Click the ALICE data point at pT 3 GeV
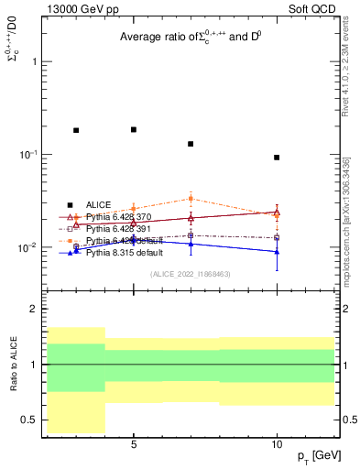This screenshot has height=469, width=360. tap(76, 130)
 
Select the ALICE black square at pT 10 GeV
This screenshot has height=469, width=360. tap(277, 158)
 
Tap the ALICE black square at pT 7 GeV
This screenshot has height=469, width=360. tap(191, 144)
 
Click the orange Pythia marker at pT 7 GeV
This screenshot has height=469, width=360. tap(191, 198)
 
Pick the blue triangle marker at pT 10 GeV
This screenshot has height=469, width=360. tap(277, 251)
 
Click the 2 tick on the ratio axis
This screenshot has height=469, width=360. tap(34, 310)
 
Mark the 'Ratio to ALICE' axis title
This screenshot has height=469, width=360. tap(12, 364)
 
